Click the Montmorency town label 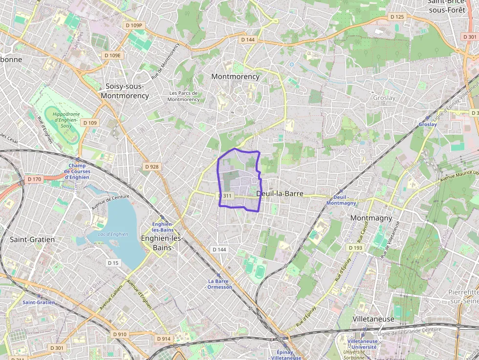point(235,77)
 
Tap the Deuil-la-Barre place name point(280,194)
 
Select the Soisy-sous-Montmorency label point(125,91)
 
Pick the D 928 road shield point(152,167)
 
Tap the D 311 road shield point(225,195)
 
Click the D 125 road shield point(397,17)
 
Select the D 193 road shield point(355,248)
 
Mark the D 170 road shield point(34,179)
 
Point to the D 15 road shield point(113,263)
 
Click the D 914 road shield point(164,339)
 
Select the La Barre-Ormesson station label point(220,284)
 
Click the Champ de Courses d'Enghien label point(77,171)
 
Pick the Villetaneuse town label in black point(373,319)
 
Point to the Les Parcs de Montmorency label point(183,96)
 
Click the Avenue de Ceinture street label point(110,202)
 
